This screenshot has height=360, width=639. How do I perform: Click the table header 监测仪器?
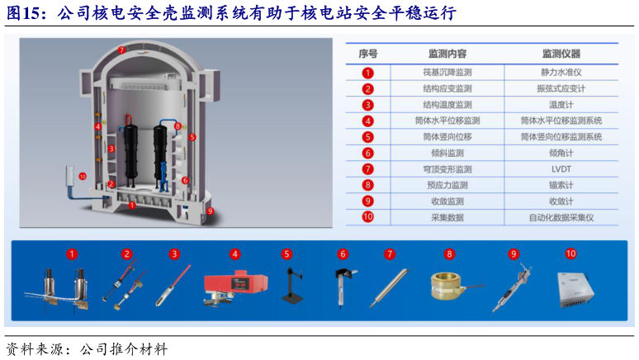561,54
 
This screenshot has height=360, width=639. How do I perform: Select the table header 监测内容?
447,54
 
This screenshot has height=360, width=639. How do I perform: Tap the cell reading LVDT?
561,169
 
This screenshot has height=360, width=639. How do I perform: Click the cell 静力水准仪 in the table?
561,73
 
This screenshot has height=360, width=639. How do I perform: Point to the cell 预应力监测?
447,185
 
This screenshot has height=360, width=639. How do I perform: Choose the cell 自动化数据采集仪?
561,218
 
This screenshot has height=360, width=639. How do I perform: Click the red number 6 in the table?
367,154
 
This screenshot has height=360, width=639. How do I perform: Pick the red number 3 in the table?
367,105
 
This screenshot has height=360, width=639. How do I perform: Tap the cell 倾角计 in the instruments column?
561,154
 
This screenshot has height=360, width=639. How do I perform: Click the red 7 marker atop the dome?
121,50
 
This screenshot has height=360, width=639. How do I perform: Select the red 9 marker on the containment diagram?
210,211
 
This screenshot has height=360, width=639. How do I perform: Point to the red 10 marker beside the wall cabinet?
83,177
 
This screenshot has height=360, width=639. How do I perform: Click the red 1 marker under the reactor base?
131,206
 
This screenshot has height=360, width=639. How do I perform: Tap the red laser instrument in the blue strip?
235,287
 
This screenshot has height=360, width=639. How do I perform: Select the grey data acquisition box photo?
575,290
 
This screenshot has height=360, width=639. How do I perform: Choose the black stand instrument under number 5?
291,286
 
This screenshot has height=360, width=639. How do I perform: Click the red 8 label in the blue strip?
449,254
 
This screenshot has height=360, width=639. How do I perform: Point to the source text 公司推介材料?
124,349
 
